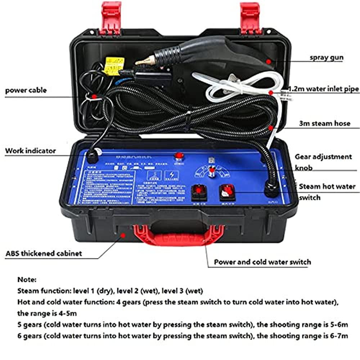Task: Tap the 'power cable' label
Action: point(26,90)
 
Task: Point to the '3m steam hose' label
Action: point(324,123)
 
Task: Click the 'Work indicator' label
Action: point(30,150)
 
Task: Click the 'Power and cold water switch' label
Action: point(262,262)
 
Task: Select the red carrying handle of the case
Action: point(178,234)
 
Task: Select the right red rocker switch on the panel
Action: point(227,192)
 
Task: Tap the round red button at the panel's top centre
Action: point(178,156)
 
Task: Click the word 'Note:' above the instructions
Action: point(26,279)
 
